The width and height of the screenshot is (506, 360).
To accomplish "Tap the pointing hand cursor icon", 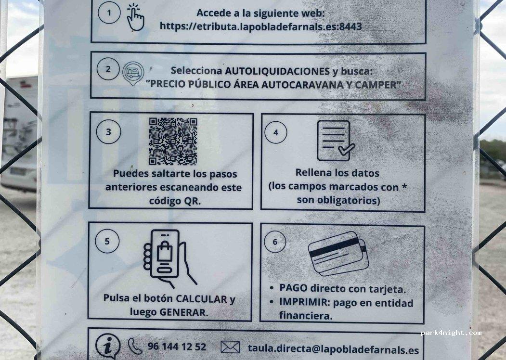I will point(135,18).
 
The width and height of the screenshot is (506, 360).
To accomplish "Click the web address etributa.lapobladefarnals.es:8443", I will point(260,27).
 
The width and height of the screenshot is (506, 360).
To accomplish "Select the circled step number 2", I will point(108,69).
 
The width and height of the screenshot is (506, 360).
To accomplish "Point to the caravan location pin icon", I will point(133,74).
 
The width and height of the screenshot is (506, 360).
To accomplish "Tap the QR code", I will point(173,141).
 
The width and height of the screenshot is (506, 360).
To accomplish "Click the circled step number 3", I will point(108,133).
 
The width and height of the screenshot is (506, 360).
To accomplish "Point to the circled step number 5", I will point(107,242).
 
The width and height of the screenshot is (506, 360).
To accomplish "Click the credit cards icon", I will point(338,254).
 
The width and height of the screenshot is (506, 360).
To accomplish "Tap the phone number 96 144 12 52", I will point(177,347).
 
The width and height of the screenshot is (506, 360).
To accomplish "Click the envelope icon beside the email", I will point(230,347).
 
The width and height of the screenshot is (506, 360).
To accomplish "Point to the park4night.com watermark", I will point(451,333).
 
